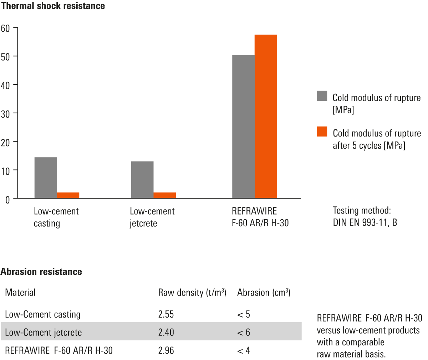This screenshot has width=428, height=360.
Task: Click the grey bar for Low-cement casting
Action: point(45,178)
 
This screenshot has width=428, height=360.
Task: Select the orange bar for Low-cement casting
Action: point(68,195)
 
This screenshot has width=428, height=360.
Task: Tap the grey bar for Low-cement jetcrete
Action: point(142,179)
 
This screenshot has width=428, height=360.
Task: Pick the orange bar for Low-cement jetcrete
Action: point(165,195)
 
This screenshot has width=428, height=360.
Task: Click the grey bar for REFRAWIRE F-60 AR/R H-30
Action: point(243,126)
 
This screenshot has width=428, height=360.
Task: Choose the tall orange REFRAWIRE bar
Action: point(266,116)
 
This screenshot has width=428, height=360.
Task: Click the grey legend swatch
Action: point(322,96)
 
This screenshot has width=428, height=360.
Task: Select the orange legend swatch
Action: point(322,131)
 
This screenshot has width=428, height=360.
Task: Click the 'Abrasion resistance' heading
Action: point(41,272)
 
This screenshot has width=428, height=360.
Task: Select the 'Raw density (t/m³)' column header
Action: point(192,293)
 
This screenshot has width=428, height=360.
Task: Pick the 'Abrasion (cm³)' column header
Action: point(264,293)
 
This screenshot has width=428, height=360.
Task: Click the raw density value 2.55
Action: point(166,314)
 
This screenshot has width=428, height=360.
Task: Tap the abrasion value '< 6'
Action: point(244,333)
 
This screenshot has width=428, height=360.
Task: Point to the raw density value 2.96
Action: point(166,351)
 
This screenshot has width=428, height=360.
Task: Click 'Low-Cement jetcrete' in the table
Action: point(43,333)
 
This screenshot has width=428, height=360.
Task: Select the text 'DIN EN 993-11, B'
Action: point(365,223)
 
